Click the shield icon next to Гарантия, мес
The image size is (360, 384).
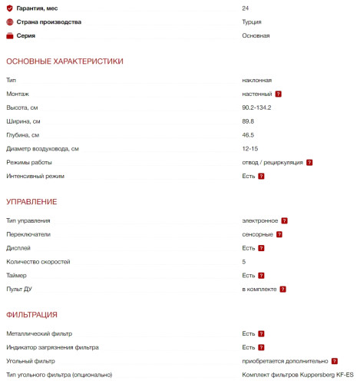tap(9, 8)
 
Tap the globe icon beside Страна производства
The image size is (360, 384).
tap(9, 22)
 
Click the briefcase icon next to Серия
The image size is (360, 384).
tap(9, 36)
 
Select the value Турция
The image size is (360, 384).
tap(251, 22)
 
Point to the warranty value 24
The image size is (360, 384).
tap(246, 8)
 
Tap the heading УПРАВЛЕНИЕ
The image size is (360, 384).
tap(31, 201)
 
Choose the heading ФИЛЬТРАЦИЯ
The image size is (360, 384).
tap(32, 315)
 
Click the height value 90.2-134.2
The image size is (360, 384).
tap(256, 108)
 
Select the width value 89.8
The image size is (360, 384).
tap(248, 121)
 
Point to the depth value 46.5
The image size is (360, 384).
tap(248, 135)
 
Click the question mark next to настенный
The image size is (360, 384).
tap(278, 94)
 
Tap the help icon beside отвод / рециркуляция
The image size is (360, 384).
tap(309, 163)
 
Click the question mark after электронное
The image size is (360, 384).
tap(284, 220)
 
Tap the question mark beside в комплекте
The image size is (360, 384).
tap(282, 290)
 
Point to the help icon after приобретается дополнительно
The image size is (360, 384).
tap(335, 361)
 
